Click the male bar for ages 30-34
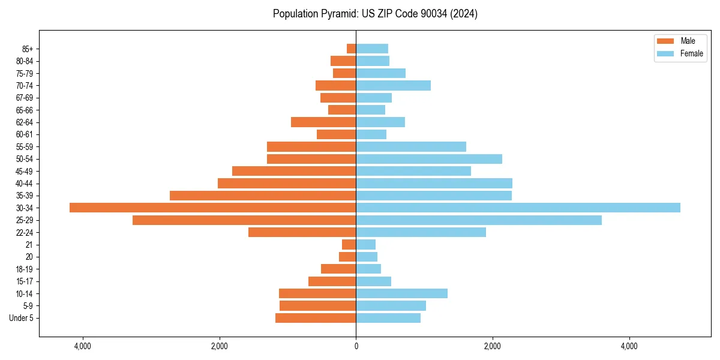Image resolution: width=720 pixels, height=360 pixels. click(213, 208)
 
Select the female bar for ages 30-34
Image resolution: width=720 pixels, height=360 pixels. click(518, 208)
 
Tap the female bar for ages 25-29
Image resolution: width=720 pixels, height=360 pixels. click(479, 220)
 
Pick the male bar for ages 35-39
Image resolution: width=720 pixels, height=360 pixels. click(263, 196)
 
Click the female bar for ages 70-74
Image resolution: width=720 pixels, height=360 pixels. click(393, 85)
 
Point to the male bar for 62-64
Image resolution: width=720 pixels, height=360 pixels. click(323, 122)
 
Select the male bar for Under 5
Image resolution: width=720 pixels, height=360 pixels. click(316, 318)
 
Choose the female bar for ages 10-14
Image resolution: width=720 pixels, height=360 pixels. click(401, 293)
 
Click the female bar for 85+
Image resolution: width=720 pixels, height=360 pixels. click(372, 49)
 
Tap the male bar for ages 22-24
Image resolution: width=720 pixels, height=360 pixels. click(302, 232)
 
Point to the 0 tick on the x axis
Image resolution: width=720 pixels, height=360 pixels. click(356, 346)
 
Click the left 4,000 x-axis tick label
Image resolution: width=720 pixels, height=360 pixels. click(83, 346)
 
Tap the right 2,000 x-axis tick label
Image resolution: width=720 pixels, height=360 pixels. click(493, 346)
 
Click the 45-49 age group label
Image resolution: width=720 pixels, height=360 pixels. click(25, 171)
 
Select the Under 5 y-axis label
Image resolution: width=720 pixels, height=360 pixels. click(21, 318)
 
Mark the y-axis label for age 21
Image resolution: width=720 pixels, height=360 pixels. click(29, 245)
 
